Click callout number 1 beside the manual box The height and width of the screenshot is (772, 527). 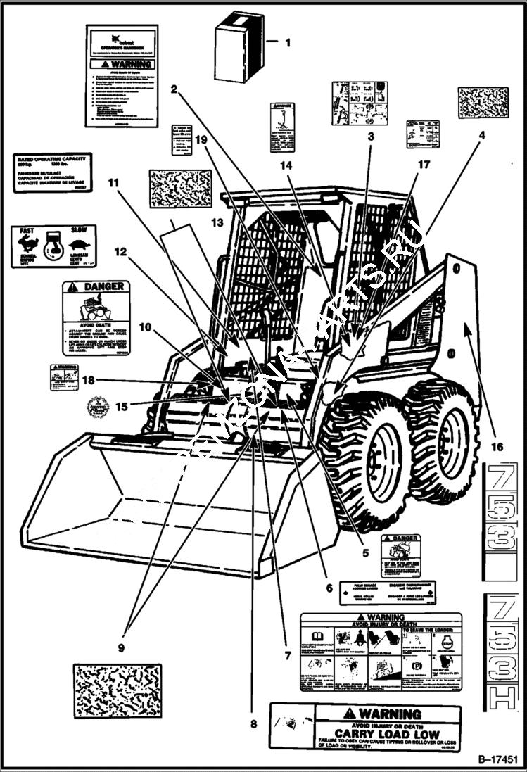tap(286, 42)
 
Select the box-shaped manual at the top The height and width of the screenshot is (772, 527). tap(235, 40)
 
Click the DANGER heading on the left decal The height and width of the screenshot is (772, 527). tap(103, 286)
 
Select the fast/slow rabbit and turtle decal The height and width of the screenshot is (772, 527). tap(53, 246)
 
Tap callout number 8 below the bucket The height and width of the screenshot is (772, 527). tap(253, 723)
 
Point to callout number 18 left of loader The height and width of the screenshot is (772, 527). tap(87, 381)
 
